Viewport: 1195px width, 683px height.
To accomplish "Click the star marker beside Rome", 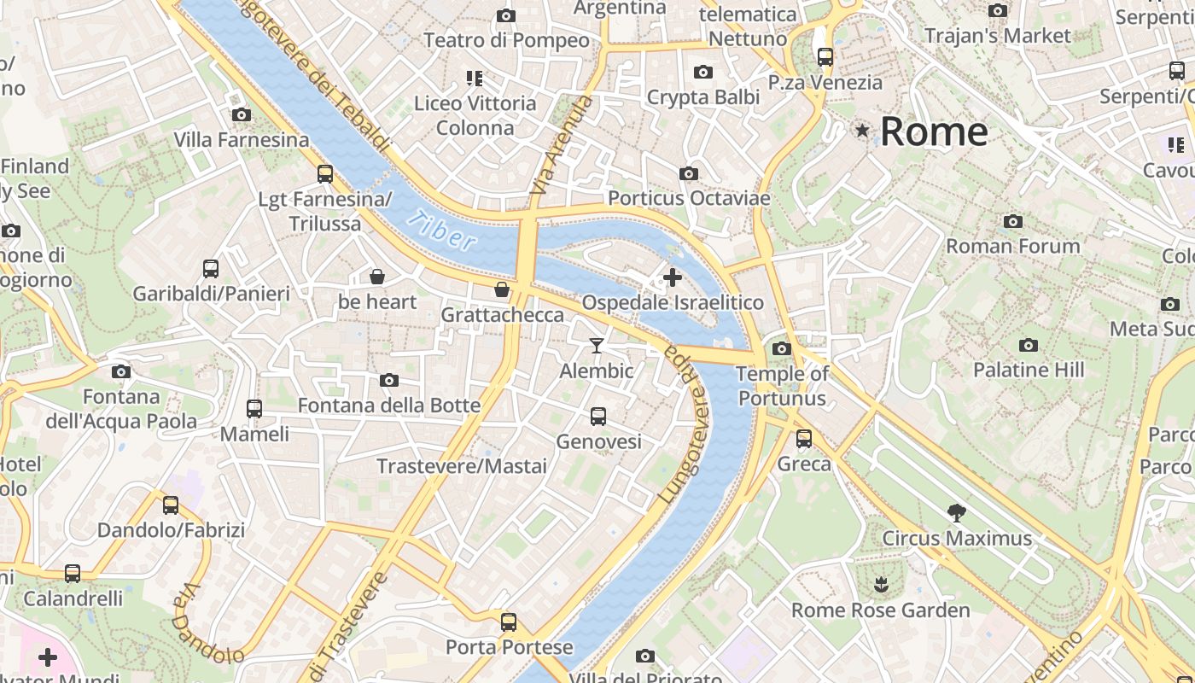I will click(x=862, y=131).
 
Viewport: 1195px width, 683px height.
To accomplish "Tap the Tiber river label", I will click(x=441, y=231).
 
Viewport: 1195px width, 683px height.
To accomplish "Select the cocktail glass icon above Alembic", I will click(x=597, y=345).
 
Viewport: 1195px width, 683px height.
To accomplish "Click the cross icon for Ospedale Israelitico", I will click(x=673, y=277).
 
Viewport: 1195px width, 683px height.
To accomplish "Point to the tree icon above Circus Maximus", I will click(x=957, y=513).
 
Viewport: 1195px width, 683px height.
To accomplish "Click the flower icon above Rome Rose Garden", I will click(x=880, y=585).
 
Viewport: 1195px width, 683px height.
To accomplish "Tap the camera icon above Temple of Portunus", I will click(x=781, y=348).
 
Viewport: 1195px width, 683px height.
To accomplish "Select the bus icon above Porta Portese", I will click(x=509, y=622).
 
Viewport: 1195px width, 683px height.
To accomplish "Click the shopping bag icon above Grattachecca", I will click(x=502, y=289).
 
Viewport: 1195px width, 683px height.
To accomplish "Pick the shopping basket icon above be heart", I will click(x=376, y=277).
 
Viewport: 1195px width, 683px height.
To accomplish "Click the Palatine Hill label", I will click(x=1029, y=370).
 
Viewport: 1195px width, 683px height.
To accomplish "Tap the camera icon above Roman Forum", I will click(x=1013, y=222).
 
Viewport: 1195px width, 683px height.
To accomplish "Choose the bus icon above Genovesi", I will click(x=598, y=417).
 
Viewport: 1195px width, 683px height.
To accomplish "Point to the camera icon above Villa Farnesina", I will click(x=242, y=114).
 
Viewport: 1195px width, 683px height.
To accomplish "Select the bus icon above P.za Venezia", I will click(x=825, y=57).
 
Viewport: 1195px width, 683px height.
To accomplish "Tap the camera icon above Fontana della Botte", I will click(x=389, y=380).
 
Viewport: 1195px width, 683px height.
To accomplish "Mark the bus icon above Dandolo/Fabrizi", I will click(x=171, y=505).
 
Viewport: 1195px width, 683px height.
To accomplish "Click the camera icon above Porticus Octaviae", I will click(x=689, y=173).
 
